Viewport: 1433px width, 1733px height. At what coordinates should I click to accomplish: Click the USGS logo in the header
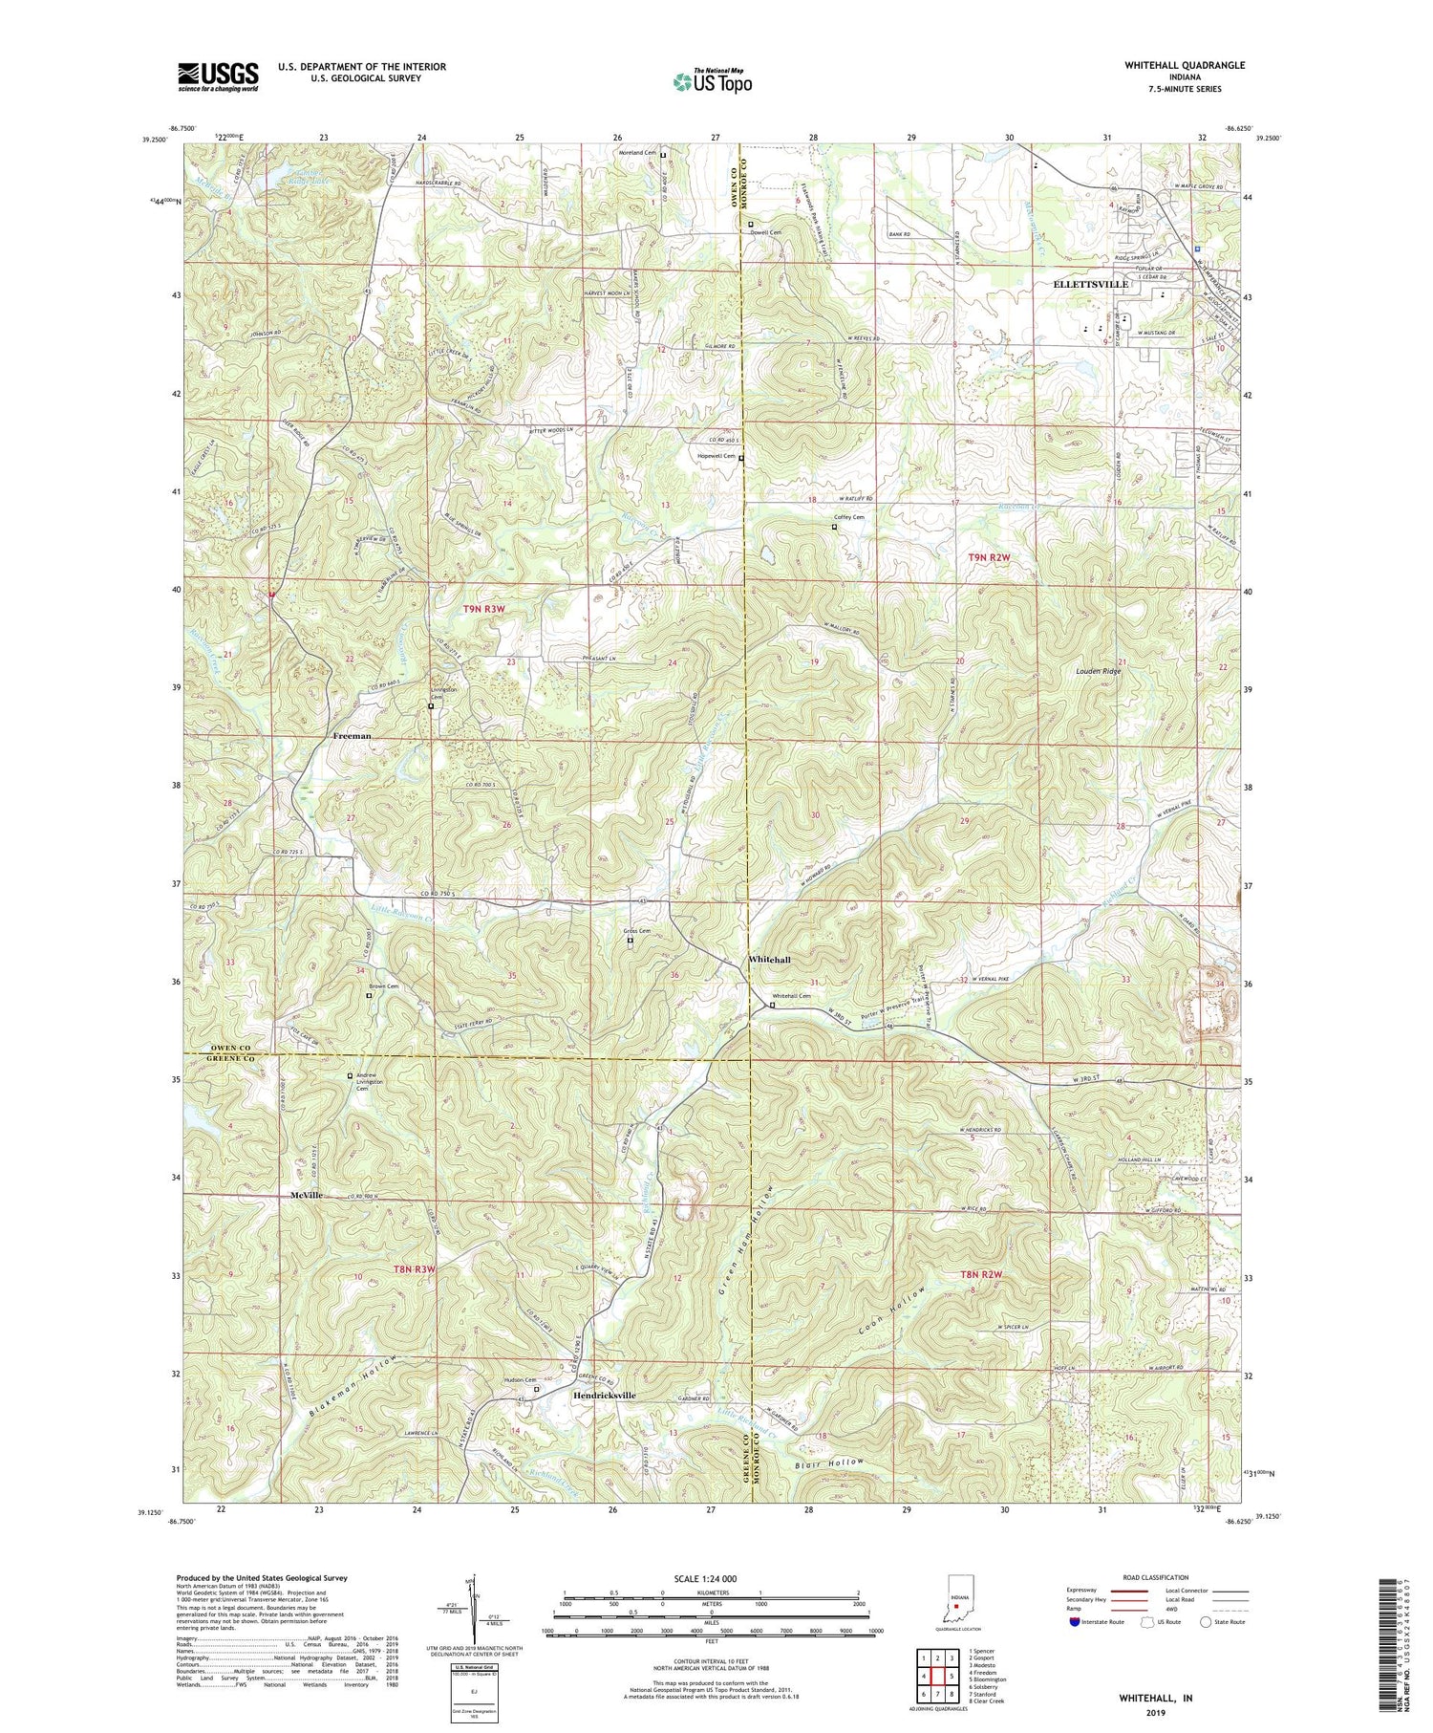click(x=218, y=76)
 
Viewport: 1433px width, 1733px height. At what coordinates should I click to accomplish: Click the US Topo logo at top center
click(x=712, y=82)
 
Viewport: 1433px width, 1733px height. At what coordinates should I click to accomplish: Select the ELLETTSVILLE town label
click(x=1090, y=284)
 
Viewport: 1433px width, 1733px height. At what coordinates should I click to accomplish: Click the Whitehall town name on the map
click(x=769, y=959)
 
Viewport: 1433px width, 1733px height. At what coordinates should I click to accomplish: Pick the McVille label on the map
click(x=308, y=1195)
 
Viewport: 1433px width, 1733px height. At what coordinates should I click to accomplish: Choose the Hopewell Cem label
click(x=716, y=457)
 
